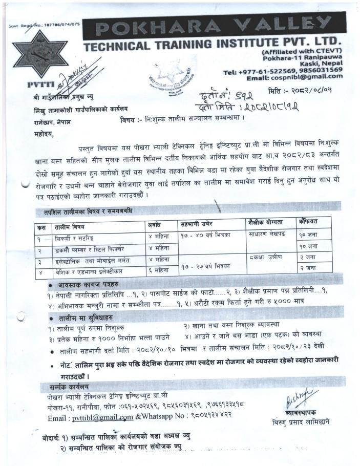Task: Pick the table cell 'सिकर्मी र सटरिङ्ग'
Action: [72, 238]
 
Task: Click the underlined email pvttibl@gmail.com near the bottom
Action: [102, 417]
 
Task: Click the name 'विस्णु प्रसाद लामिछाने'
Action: [301, 422]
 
